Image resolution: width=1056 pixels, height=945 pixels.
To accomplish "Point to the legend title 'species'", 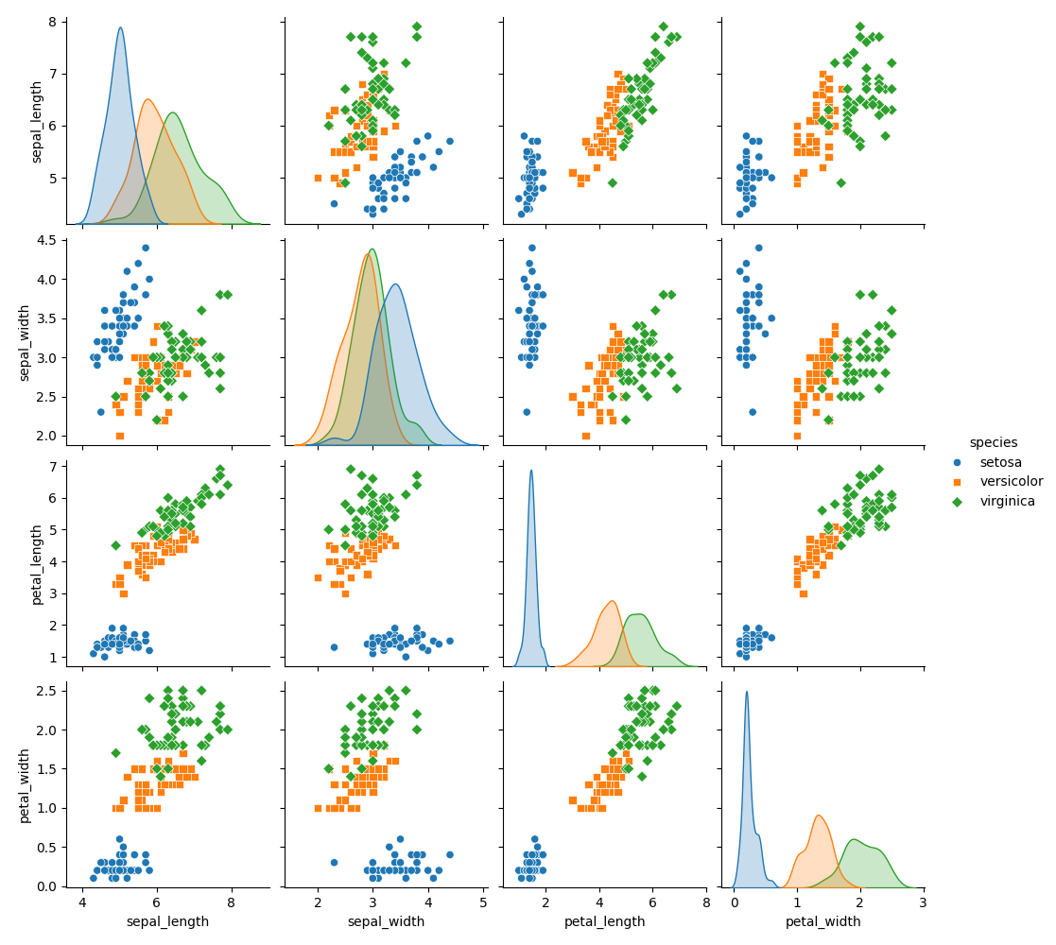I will [x=993, y=442].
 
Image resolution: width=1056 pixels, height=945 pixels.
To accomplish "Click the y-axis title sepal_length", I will [x=37, y=121].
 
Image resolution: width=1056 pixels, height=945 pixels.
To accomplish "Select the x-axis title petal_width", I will [x=822, y=921].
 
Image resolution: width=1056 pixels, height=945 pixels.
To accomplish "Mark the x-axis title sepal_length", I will [x=167, y=921].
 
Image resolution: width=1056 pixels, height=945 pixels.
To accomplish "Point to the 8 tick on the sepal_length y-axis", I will [x=53, y=21].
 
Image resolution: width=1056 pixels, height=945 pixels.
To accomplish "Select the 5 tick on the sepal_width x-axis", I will [x=484, y=902].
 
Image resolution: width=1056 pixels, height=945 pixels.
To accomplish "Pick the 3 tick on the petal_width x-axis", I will [x=923, y=902].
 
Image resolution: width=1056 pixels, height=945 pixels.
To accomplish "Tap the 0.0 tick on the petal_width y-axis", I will [x=45, y=886].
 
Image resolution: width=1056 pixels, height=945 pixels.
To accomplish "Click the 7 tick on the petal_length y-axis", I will [x=53, y=466].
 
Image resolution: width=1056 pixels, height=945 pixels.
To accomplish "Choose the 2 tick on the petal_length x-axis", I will [x=545, y=902].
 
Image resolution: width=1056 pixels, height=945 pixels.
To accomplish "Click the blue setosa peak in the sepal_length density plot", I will [x=120, y=28].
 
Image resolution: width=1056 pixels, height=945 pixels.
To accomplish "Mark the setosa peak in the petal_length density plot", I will [x=531, y=472].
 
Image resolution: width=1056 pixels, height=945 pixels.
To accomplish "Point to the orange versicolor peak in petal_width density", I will [x=818, y=816].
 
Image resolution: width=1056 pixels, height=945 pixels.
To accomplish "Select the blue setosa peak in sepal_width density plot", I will [x=395, y=285].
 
